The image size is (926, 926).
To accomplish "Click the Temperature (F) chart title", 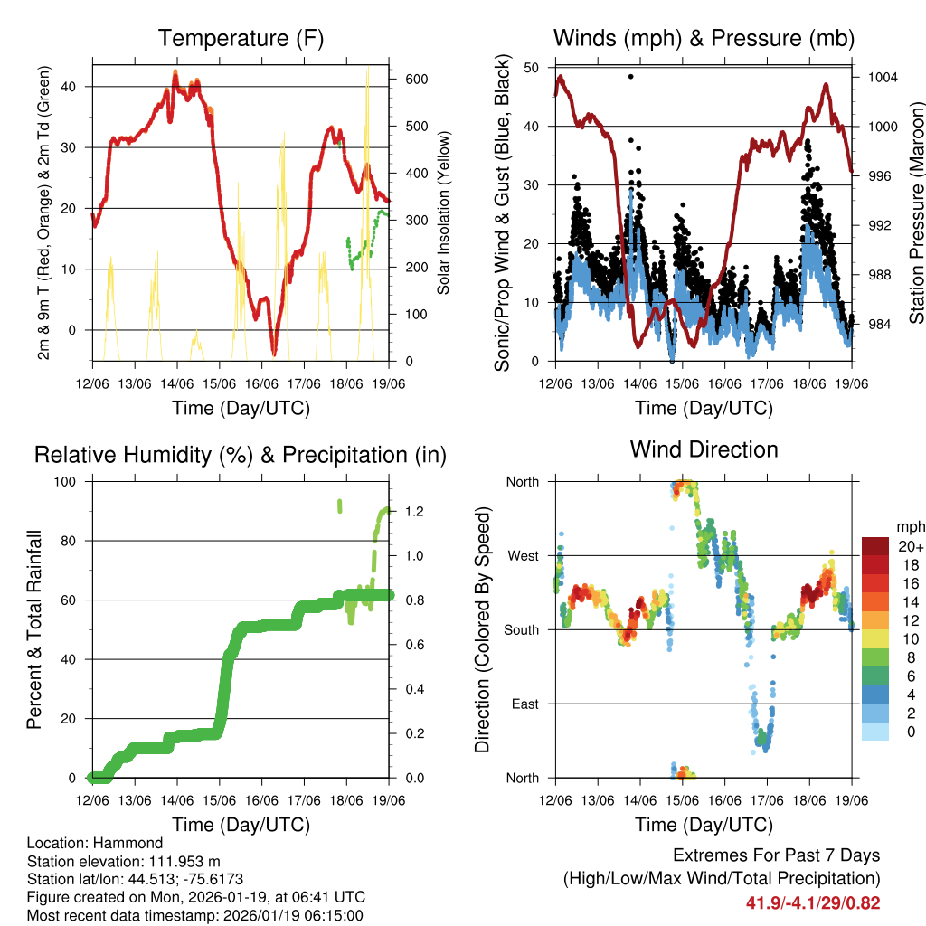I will point(241,39).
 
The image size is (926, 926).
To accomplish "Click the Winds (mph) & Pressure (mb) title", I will point(704,39).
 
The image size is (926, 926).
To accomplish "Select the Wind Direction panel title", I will point(704,449).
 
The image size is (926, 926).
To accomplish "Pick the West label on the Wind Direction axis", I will point(522,555).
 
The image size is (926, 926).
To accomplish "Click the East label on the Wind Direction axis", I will point(524,704).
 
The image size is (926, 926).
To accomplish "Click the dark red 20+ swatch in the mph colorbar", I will point(876,546).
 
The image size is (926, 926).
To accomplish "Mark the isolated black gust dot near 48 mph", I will point(630,77).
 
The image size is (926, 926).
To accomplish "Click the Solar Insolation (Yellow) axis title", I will point(443,213).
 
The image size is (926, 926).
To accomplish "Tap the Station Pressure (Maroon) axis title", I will point(915,213).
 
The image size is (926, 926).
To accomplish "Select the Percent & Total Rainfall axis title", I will point(33,629).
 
